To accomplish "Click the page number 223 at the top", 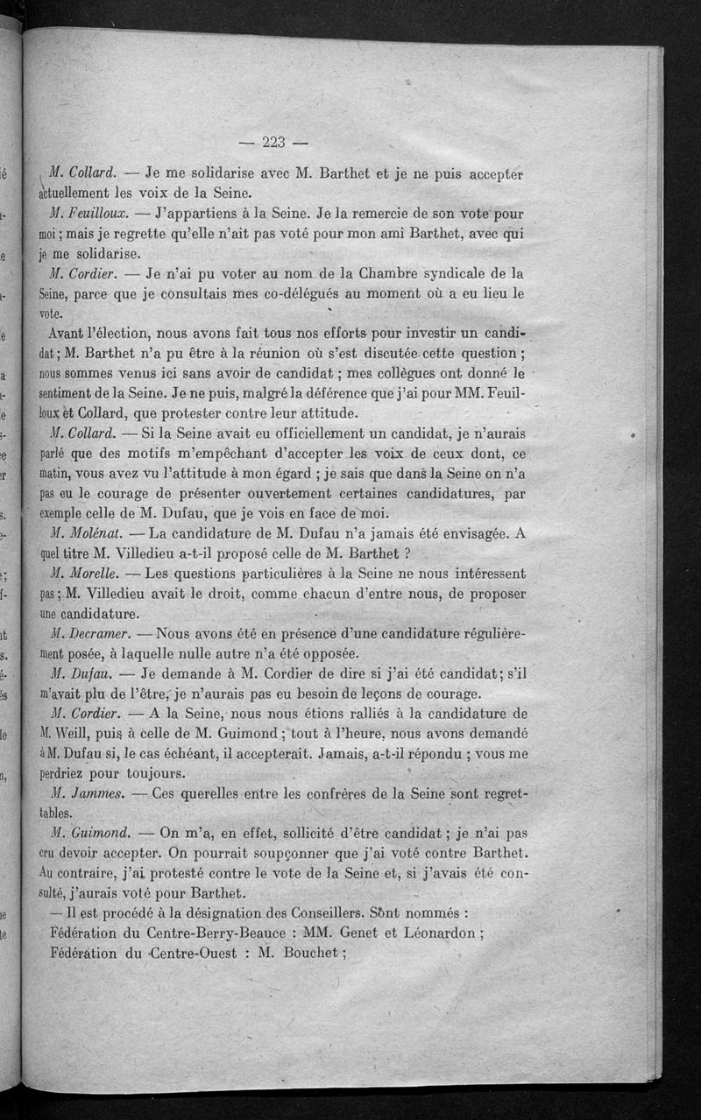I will pyautogui.click(x=274, y=142).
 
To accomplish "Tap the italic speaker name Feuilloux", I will pyautogui.click(x=90, y=214).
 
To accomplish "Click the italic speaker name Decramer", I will pyautogui.click(x=92, y=633).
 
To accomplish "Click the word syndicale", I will pyautogui.click(x=431, y=274).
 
